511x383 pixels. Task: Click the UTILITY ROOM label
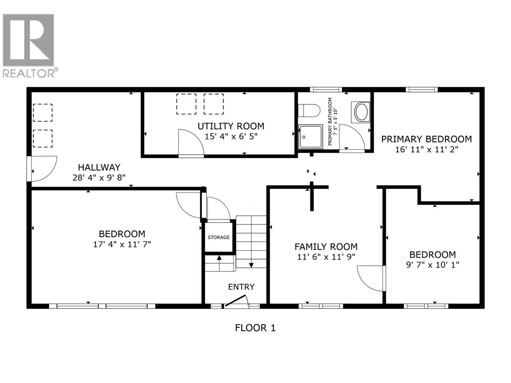click(231, 126)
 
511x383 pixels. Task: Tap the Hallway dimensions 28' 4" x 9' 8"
click(99, 178)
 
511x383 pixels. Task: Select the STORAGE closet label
click(218, 237)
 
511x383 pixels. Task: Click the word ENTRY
click(241, 287)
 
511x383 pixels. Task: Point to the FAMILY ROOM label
click(326, 247)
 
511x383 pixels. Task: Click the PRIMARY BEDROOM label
click(426, 139)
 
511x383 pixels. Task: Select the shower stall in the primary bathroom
click(310, 137)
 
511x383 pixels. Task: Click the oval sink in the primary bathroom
click(362, 112)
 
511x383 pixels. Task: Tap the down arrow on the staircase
click(251, 265)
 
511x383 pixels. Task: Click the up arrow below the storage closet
click(219, 258)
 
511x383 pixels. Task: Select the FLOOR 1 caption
click(255, 328)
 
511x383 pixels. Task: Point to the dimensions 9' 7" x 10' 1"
click(432, 265)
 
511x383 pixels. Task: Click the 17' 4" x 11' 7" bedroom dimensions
click(122, 244)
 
